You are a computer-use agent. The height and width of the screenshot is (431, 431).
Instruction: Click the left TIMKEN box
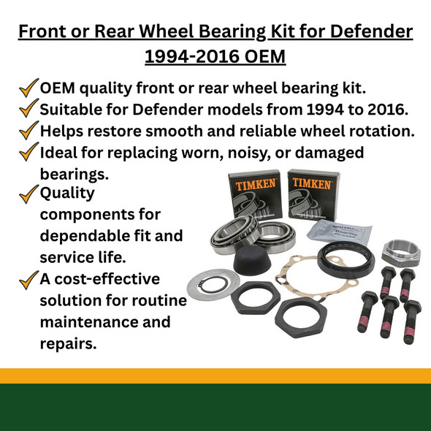(255, 194)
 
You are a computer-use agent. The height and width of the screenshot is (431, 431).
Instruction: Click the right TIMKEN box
(311, 192)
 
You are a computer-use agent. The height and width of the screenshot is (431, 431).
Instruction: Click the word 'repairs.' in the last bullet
(68, 342)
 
